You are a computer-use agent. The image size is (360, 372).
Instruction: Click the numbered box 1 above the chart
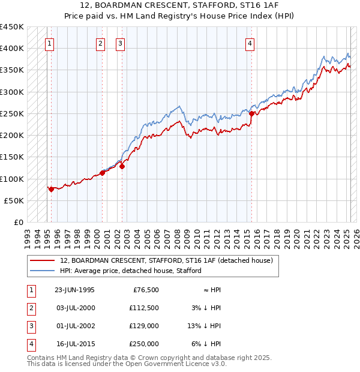49,43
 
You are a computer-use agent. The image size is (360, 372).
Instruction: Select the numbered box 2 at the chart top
100,43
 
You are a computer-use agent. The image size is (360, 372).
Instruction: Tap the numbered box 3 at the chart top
120,43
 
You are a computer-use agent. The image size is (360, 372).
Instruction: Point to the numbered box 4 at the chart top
250,43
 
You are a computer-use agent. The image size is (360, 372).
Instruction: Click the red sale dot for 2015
251,113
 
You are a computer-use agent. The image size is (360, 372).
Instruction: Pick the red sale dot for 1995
52,189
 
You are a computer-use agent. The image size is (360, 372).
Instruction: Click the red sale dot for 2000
102,173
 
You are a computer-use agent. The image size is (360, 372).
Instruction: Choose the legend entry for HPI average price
130,271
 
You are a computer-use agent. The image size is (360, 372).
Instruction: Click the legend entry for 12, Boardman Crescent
166,260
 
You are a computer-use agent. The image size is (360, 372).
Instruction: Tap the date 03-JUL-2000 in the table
74,308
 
